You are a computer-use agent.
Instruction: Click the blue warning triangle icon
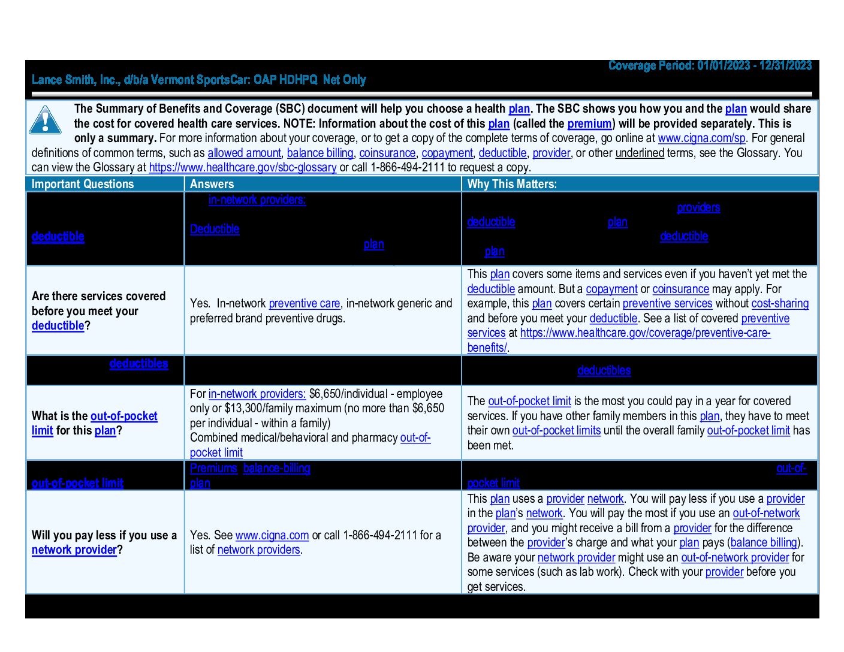point(45,120)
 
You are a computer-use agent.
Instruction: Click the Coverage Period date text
point(710,65)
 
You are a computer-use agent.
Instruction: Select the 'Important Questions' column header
point(83,184)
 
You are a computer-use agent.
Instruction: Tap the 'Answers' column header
point(212,184)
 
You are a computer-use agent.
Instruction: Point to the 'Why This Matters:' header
point(512,184)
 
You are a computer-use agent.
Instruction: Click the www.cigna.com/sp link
point(701,138)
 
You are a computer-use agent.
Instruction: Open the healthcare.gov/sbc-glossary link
point(243,167)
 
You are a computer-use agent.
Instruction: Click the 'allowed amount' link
point(244,153)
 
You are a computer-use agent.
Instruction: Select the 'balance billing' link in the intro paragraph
point(320,153)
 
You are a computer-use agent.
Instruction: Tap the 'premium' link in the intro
point(589,123)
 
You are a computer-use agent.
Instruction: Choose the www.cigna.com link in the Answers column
point(272,535)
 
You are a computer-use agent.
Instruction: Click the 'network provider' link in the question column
point(74,550)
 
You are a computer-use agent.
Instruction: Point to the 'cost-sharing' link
point(780,303)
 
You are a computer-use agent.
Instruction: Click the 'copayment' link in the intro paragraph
point(447,153)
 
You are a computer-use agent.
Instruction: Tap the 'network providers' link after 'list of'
point(258,550)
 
